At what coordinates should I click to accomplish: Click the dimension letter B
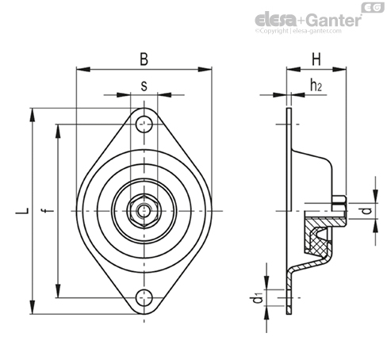[x=144, y=59]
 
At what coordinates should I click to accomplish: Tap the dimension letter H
[x=316, y=59]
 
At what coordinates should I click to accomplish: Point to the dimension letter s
[x=144, y=86]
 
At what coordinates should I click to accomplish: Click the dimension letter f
[x=48, y=210]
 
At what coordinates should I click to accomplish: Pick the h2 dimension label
[x=316, y=85]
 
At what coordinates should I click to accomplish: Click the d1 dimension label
[x=256, y=298]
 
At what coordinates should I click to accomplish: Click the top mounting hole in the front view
[x=144, y=124]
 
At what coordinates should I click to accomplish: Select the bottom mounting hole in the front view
[x=144, y=298]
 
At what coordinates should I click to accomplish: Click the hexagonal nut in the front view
[x=144, y=211]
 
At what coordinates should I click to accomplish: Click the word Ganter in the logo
[x=335, y=20]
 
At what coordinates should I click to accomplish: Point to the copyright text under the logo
[x=298, y=31]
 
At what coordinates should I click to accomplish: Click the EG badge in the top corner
[x=373, y=8]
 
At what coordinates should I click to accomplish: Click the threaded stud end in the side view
[x=339, y=203]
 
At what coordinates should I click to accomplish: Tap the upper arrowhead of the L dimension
[x=33, y=115]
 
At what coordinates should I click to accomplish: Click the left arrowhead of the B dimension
[x=83, y=70]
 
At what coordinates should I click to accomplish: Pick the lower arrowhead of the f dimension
[x=58, y=291]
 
